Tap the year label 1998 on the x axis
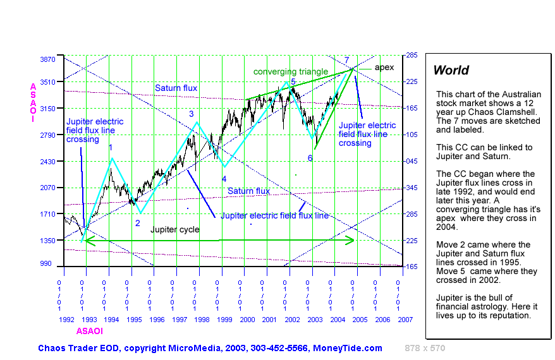202,320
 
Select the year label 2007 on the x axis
405,320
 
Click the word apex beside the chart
384,67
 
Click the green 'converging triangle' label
291,72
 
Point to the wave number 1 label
111,147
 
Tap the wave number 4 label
224,179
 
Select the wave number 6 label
310,158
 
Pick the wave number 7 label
346,60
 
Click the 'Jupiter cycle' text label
174,230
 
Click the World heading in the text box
451,70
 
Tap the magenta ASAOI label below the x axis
89,330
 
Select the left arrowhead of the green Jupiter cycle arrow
86,240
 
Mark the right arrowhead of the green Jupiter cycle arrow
351,240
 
